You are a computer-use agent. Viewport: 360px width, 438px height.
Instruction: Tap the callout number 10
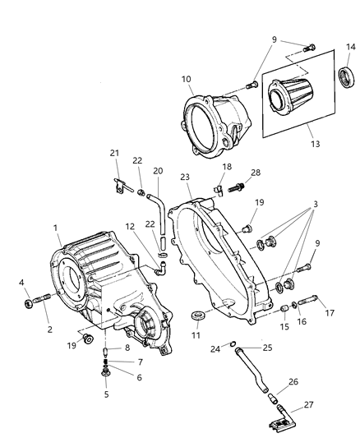[x=187, y=81]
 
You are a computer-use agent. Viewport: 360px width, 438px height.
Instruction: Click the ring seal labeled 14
[x=347, y=78]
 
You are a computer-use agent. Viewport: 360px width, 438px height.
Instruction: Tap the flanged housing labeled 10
[x=212, y=122]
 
